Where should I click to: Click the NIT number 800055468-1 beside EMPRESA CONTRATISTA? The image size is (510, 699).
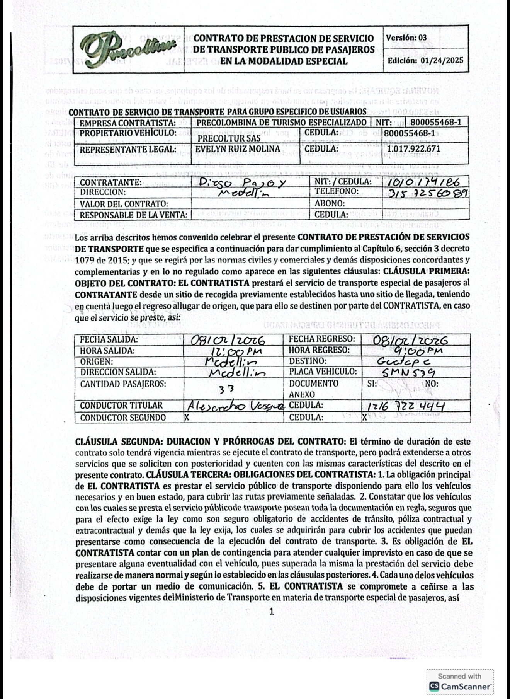pyautogui.click(x=436, y=123)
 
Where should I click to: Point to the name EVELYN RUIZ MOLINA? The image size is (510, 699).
pyautogui.click(x=238, y=149)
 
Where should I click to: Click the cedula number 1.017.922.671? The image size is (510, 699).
pyautogui.click(x=413, y=149)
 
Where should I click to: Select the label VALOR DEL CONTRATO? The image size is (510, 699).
pyautogui.click(x=124, y=204)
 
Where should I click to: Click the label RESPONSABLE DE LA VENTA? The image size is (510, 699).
pyautogui.click(x=133, y=215)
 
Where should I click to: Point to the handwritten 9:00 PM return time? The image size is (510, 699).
pyautogui.click(x=418, y=351)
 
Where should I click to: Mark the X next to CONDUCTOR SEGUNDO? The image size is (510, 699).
pyautogui.click(x=187, y=418)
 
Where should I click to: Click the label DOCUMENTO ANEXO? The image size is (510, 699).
pyautogui.click(x=313, y=389)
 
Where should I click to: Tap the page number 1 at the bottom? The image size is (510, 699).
pyautogui.click(x=272, y=611)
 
